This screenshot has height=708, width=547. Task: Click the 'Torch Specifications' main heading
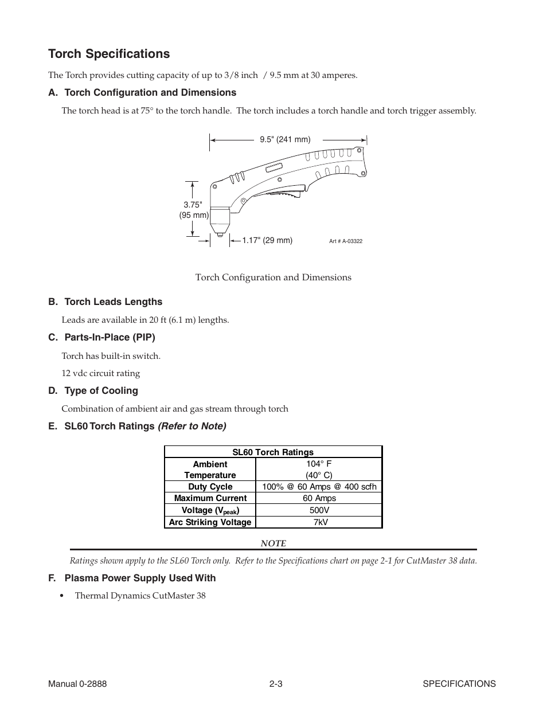pyautogui.click(x=109, y=54)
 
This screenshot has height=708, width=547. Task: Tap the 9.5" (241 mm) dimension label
pyautogui.click(x=285, y=139)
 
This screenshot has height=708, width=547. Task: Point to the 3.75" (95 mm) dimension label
pyautogui.click(x=193, y=210)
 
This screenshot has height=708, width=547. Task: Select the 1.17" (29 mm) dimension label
pyautogui.click(x=267, y=241)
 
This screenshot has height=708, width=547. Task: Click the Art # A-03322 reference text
pyautogui.click(x=346, y=241)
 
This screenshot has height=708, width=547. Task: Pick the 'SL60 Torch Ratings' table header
pyautogui.click(x=273, y=452)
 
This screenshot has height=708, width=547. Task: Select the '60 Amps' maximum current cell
pyautogui.click(x=319, y=498)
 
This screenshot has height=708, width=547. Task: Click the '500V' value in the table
pyautogui.click(x=319, y=510)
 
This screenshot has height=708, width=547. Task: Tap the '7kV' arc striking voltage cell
pyautogui.click(x=319, y=522)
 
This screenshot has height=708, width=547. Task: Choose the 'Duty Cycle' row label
pyautogui.click(x=210, y=487)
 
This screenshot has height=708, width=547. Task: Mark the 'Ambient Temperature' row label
pyautogui.click(x=210, y=470)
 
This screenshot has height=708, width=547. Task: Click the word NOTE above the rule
pyautogui.click(x=273, y=543)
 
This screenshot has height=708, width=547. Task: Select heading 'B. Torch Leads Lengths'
pyautogui.click(x=106, y=302)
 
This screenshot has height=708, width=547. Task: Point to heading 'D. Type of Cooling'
pyautogui.click(x=93, y=391)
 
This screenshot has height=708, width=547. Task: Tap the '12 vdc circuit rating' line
pyautogui.click(x=101, y=373)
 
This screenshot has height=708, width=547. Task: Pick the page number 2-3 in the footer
pyautogui.click(x=276, y=684)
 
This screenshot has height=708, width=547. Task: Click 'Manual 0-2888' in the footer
pyautogui.click(x=77, y=684)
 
